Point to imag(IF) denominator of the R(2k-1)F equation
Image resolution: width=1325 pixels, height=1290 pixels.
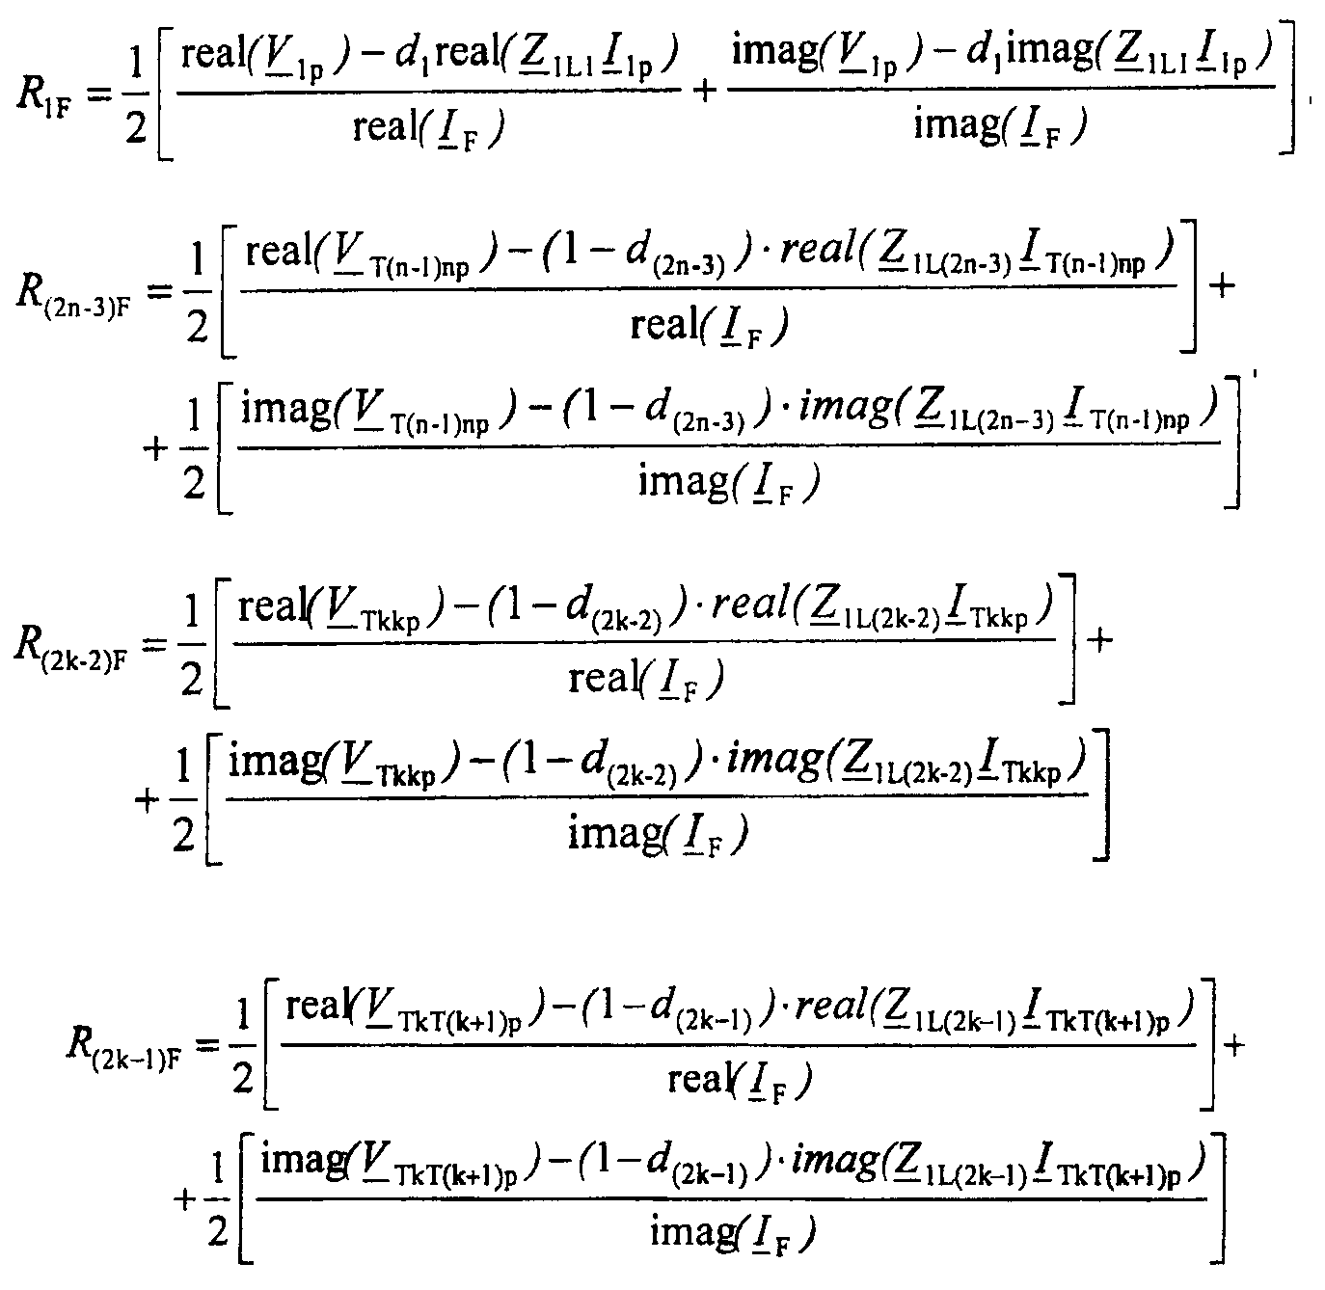coord(733,1231)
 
